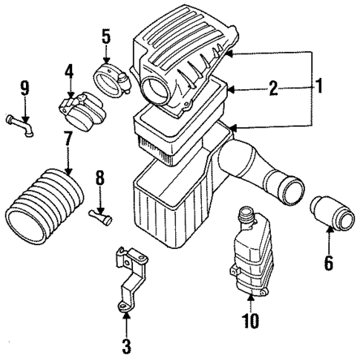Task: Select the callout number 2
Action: (272, 90)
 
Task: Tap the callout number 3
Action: (126, 345)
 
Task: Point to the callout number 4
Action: (68, 73)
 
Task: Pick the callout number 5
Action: (105, 35)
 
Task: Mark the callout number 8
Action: (100, 178)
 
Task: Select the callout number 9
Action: (24, 88)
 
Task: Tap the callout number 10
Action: (250, 322)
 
